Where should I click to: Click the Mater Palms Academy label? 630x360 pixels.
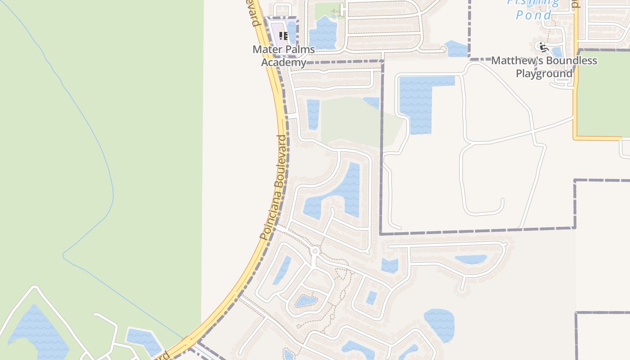point(283,55)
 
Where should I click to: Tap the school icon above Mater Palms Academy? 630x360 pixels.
point(283,36)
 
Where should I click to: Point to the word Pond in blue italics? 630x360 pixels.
point(533,15)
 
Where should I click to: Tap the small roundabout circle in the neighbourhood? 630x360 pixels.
point(315,251)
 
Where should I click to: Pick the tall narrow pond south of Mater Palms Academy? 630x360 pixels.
point(313,114)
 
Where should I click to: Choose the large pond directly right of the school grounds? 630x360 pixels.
point(323,32)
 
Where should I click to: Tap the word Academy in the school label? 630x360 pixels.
point(283,62)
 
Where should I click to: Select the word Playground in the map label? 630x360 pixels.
point(544,73)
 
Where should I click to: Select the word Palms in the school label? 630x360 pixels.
point(299,49)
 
